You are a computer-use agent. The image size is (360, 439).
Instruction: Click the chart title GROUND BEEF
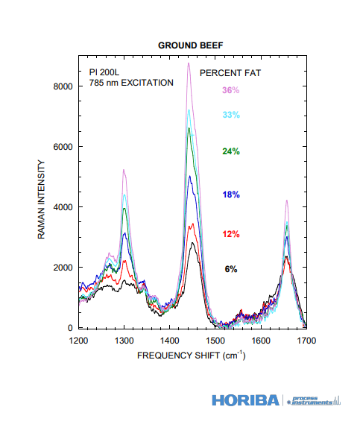[x=190, y=45]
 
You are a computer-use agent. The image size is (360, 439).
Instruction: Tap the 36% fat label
[x=231, y=90]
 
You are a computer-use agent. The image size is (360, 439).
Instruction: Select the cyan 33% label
[x=231, y=115]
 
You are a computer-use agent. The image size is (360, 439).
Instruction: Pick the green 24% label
[x=231, y=151]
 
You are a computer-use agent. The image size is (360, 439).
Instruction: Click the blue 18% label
[x=231, y=195]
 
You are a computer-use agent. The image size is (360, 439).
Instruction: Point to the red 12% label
[x=231, y=234]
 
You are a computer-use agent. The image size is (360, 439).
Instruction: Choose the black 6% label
[x=231, y=269]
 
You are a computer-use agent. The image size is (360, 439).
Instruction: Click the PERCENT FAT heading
[x=230, y=73]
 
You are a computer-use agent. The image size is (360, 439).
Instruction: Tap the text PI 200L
[x=104, y=72]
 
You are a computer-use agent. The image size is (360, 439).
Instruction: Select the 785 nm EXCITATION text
[x=131, y=83]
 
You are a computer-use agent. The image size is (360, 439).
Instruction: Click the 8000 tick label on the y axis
[x=63, y=86]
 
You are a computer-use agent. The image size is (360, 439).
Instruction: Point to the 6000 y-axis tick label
[x=63, y=147]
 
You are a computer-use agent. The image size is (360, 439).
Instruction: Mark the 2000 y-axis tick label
[x=63, y=268]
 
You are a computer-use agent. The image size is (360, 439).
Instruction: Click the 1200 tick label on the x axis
[x=78, y=341]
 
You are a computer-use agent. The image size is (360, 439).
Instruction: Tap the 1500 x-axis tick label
[x=215, y=341]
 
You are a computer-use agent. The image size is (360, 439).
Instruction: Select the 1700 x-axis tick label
[x=306, y=341]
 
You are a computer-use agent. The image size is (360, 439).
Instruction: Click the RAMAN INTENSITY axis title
[x=41, y=200]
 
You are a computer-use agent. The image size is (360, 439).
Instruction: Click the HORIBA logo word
[x=245, y=400]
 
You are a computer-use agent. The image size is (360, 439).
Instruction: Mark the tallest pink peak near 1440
[x=189, y=63]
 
